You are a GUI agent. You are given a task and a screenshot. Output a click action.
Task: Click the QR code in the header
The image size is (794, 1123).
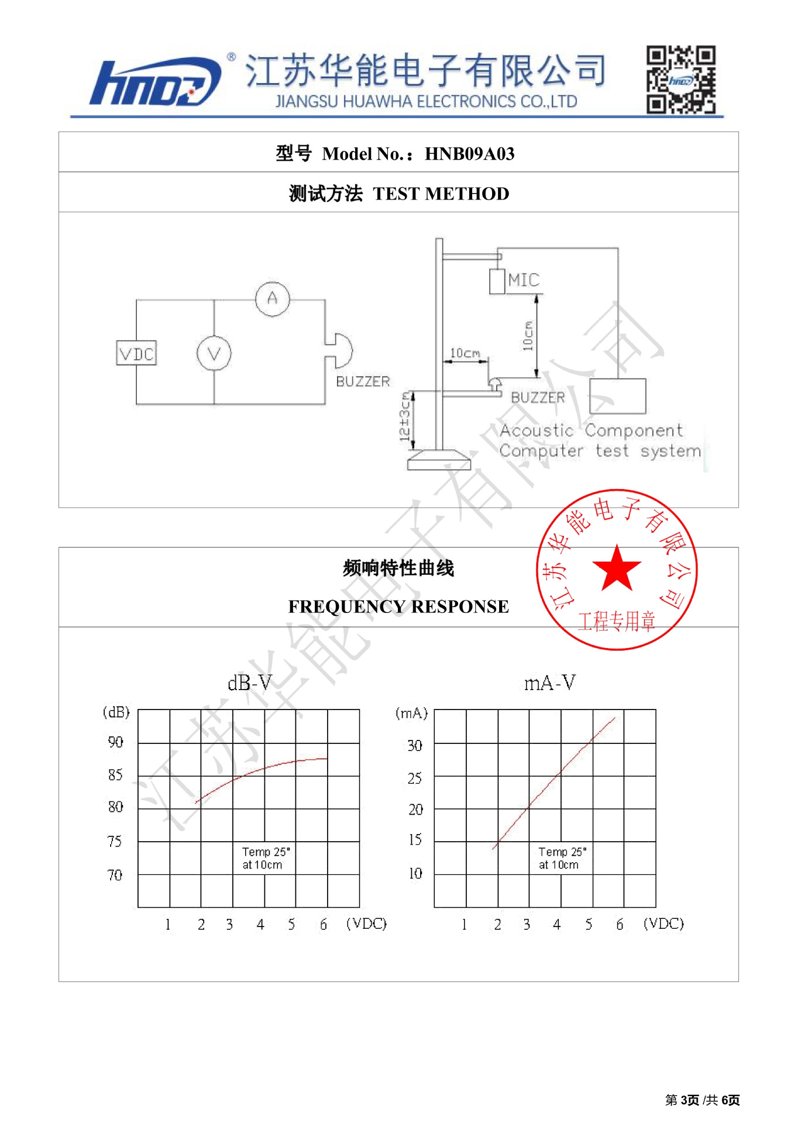click(x=680, y=80)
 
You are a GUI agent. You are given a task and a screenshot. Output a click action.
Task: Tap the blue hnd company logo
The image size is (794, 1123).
click(x=155, y=82)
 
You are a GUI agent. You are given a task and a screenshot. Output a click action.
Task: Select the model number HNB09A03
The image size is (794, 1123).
click(x=469, y=154)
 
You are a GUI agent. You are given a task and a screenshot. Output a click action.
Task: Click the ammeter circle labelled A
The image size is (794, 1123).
click(x=272, y=299)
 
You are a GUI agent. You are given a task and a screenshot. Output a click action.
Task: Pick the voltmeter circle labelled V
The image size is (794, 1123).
click(x=214, y=354)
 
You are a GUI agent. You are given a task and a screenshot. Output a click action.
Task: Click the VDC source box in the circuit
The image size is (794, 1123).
click(x=136, y=354)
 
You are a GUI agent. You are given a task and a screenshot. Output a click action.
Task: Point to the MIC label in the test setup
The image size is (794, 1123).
click(x=524, y=280)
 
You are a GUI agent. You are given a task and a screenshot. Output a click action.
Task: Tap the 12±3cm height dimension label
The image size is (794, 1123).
click(x=404, y=416)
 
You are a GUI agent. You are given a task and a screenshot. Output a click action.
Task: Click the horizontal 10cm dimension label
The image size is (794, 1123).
click(x=465, y=353)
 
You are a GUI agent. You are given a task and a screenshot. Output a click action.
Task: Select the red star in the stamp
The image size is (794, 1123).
click(x=616, y=568)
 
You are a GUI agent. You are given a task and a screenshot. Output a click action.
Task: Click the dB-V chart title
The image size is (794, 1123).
click(x=250, y=683)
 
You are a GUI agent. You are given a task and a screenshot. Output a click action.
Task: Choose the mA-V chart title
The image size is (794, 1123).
click(x=549, y=683)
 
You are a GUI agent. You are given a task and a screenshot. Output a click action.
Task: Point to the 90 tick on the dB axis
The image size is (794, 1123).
click(x=116, y=742)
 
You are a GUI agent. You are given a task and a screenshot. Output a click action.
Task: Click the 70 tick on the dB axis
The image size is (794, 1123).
click(x=115, y=875)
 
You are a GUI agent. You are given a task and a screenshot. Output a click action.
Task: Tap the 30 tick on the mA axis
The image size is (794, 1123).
click(x=415, y=746)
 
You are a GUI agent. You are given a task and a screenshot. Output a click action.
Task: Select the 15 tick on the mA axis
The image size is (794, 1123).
click(x=415, y=840)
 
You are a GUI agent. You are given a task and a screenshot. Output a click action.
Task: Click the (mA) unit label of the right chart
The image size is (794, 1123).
click(x=412, y=713)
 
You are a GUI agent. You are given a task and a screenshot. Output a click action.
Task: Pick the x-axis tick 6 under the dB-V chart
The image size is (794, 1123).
click(x=324, y=924)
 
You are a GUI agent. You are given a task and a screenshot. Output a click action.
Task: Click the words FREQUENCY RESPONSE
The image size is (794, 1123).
click(x=398, y=607)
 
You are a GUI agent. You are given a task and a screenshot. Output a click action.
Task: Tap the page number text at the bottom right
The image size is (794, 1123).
click(x=702, y=1100)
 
